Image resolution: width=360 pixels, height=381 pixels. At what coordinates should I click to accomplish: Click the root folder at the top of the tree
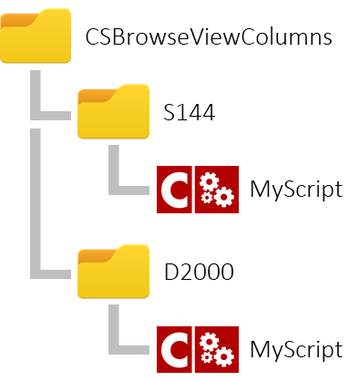pyautogui.click(x=36, y=38)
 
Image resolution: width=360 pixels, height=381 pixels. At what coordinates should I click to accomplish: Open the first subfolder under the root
pyautogui.click(x=113, y=114)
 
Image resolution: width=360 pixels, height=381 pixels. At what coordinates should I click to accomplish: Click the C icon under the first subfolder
pyautogui.click(x=174, y=190)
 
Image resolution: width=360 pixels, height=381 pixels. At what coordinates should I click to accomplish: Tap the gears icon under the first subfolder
pyautogui.click(x=217, y=190)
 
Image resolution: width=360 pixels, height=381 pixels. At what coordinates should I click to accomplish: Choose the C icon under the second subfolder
pyautogui.click(x=174, y=350)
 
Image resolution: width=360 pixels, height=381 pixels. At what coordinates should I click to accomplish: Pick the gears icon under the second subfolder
pyautogui.click(x=217, y=350)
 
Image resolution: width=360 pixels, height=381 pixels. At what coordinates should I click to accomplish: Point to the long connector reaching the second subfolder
pyautogui.click(x=36, y=210)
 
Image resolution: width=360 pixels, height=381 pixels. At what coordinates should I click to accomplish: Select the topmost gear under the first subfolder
pyautogui.click(x=210, y=180)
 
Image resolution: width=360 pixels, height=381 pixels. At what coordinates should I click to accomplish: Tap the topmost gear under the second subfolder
pyautogui.click(x=210, y=341)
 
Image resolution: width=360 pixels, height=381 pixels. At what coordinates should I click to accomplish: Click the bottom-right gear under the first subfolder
pyautogui.click(x=223, y=197)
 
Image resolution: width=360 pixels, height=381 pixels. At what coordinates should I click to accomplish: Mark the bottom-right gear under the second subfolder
pyautogui.click(x=223, y=357)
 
